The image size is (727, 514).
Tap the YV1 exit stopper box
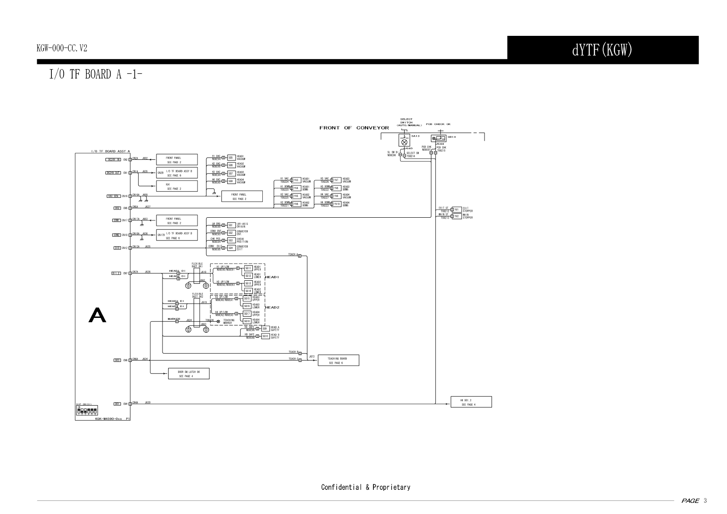pyautogui.click(x=456, y=209)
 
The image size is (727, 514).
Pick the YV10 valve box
pyautogui.click(x=337, y=204)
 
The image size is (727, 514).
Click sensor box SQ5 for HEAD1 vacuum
pyautogui.click(x=231, y=158)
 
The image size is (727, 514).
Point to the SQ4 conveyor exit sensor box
pyautogui.click(x=231, y=248)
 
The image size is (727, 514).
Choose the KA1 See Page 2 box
pyautogui.click(x=176, y=186)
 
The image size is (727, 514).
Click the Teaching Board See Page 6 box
pyautogui.click(x=338, y=360)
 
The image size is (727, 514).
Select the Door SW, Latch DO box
pyautogui.click(x=188, y=374)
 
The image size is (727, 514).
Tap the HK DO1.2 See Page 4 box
pyautogui.click(x=471, y=402)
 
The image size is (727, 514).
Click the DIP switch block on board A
pyautogui.click(x=86, y=410)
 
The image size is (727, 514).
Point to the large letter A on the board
pyautogui.click(x=97, y=315)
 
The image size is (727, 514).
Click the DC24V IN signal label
pyautogui.click(x=113, y=159)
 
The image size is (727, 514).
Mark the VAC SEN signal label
pyautogui.click(x=113, y=196)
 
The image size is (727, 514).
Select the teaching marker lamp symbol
pyautogui.click(x=218, y=321)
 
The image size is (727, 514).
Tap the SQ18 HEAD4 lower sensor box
pyautogui.click(x=246, y=321)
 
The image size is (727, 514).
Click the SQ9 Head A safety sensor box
pyautogui.click(x=265, y=329)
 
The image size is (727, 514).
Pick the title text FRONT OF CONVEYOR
pyautogui.click(x=354, y=128)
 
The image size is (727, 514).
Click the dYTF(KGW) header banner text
pyautogui.click(x=602, y=50)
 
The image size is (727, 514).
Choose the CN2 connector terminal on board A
pyautogui.click(x=130, y=159)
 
